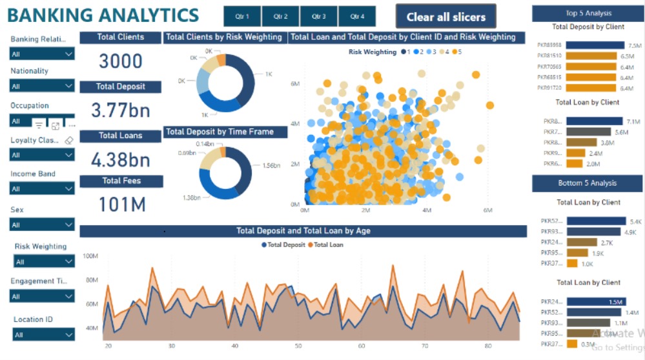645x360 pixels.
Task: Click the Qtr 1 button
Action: point(242,16)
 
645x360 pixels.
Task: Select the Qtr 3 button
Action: point(318,16)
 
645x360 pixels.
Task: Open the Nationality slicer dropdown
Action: point(43,86)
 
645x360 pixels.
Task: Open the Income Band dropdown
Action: point(43,188)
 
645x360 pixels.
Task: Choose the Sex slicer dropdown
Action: point(43,225)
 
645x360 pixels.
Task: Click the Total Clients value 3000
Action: point(121,61)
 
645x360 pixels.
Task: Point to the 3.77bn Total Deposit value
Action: point(121,110)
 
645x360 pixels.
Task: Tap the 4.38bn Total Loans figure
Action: point(121,159)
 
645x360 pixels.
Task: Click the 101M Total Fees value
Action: point(121,205)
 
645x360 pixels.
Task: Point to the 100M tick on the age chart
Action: point(90,256)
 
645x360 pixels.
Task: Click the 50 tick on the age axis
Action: point(298,346)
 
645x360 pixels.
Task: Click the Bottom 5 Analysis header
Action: point(587,183)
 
